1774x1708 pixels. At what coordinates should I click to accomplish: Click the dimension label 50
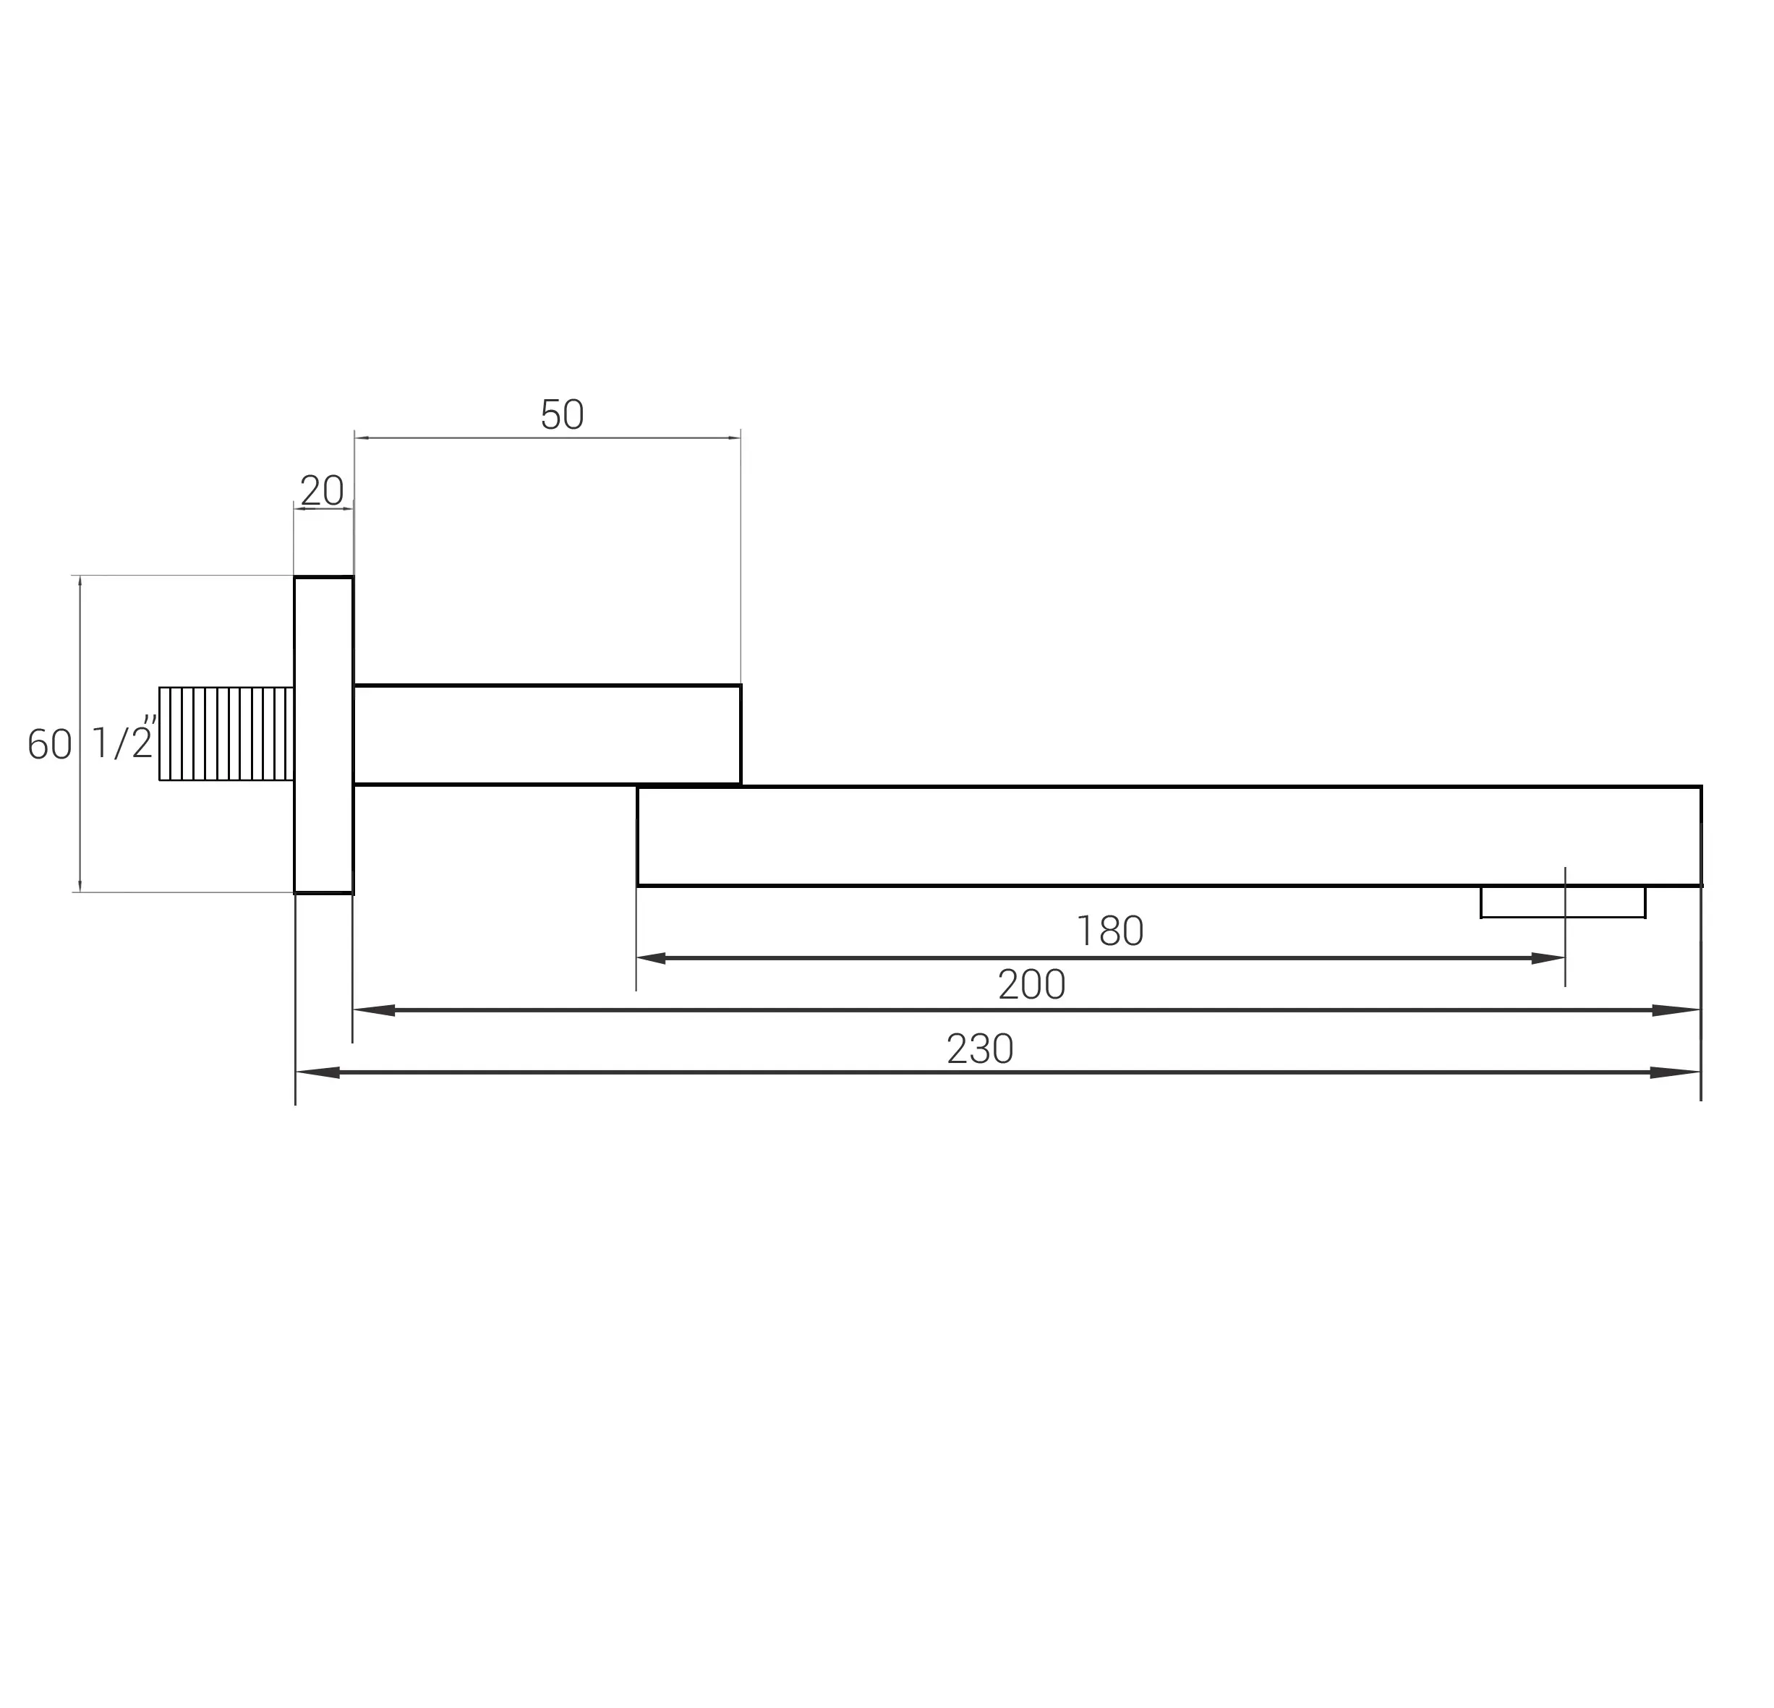click(x=562, y=414)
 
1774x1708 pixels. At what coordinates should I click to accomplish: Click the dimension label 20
click(x=323, y=490)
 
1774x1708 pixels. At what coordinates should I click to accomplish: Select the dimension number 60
click(x=50, y=744)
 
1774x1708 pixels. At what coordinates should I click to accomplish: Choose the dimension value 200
click(x=1032, y=985)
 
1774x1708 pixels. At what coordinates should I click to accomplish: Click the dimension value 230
click(x=980, y=1049)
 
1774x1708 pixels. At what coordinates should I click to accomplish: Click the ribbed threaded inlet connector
click(x=226, y=734)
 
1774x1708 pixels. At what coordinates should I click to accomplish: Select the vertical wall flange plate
click(x=323, y=735)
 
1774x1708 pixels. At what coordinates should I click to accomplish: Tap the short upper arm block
click(x=547, y=735)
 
